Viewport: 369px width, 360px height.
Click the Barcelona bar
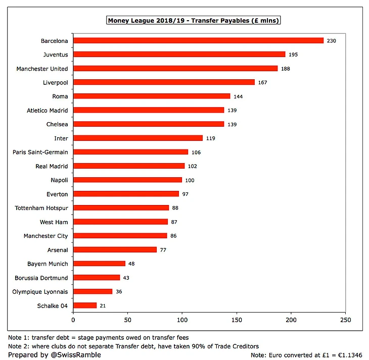click(x=198, y=40)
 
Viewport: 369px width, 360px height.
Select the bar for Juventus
click(x=179, y=54)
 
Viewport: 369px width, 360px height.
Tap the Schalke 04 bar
click(x=85, y=305)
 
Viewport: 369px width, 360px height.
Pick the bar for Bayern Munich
click(x=99, y=264)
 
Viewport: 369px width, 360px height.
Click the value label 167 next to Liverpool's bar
click(x=262, y=82)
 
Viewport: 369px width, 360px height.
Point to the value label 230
click(x=331, y=40)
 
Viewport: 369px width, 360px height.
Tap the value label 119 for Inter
click(x=211, y=138)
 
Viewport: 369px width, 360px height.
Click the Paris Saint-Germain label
click(x=40, y=152)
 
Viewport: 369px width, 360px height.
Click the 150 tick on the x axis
click(x=237, y=320)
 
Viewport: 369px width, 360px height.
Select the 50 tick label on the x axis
click(x=128, y=320)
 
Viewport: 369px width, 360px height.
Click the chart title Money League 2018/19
click(x=194, y=21)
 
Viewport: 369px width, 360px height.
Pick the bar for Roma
click(x=152, y=96)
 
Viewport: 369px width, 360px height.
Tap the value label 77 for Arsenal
click(x=163, y=249)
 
